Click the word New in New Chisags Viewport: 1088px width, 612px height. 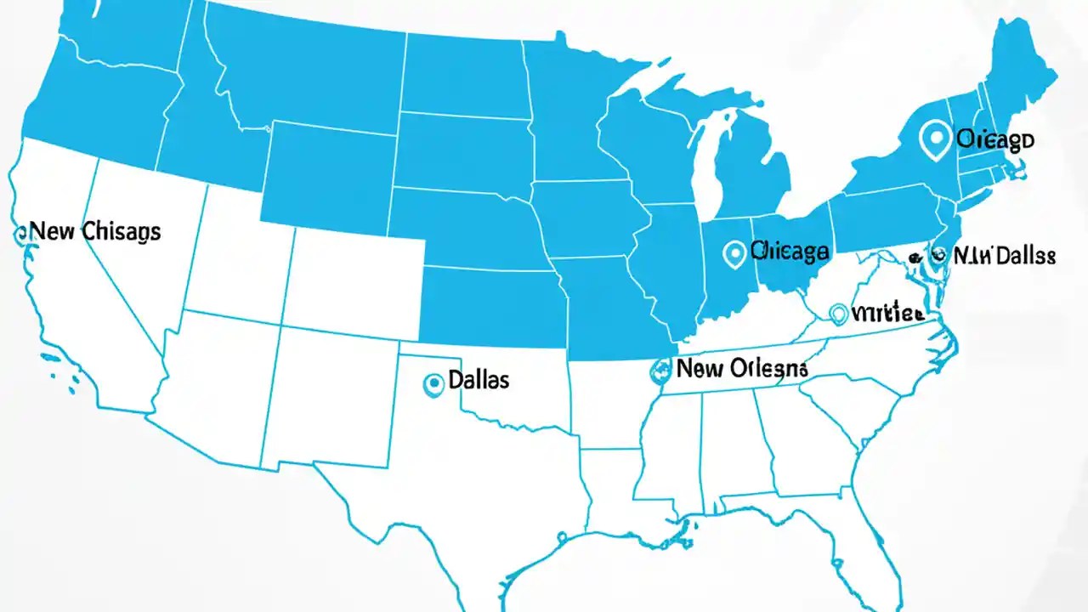coord(51,231)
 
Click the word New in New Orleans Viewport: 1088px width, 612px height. coord(702,368)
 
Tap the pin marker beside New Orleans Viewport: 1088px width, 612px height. coord(660,369)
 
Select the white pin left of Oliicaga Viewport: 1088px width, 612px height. coord(734,252)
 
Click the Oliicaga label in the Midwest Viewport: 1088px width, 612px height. coord(790,251)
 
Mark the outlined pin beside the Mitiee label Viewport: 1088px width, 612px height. coord(838,314)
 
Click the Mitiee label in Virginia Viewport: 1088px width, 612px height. coord(887,313)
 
